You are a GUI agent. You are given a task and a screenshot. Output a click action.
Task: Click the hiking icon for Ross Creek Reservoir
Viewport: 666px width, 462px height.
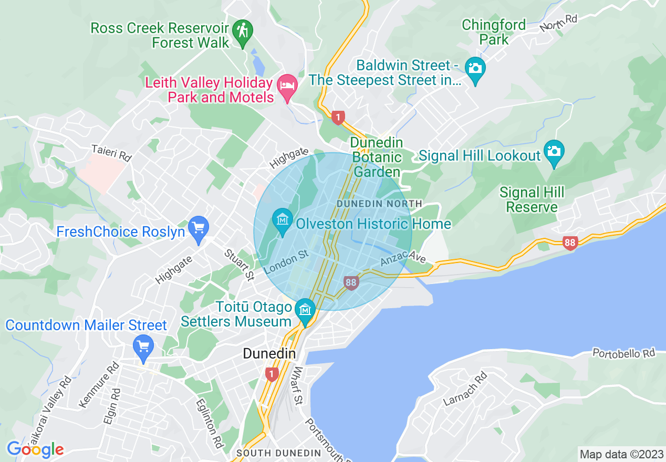(242, 30)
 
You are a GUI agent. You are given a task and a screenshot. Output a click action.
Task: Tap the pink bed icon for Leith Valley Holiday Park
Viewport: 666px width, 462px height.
(287, 85)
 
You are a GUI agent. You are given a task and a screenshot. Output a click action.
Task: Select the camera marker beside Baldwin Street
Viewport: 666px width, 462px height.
(475, 68)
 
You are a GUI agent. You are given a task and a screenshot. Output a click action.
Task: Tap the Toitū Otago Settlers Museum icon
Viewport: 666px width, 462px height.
(305, 309)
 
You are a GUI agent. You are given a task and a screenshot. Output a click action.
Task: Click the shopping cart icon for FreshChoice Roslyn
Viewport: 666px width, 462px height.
(199, 228)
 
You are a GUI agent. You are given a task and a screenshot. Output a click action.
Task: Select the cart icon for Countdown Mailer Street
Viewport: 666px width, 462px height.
(143, 346)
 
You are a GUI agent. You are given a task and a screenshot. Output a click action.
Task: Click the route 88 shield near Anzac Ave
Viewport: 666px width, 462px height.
(351, 283)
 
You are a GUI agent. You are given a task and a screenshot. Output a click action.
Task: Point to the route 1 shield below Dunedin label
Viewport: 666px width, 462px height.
(271, 374)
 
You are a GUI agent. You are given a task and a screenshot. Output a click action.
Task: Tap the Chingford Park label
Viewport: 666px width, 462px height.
(494, 32)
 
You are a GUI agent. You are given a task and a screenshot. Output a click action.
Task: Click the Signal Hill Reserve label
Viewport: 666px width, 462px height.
(532, 199)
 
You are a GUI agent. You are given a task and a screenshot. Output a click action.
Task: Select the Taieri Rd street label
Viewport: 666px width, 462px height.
(110, 153)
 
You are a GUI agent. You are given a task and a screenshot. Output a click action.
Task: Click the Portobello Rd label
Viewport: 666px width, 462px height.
(624, 353)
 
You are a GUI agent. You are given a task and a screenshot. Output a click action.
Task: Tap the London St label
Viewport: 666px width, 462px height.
(286, 261)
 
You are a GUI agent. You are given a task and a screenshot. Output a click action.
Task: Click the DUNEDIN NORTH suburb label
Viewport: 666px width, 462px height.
(379, 203)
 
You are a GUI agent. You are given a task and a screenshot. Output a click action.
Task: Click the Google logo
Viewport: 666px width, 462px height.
(35, 449)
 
